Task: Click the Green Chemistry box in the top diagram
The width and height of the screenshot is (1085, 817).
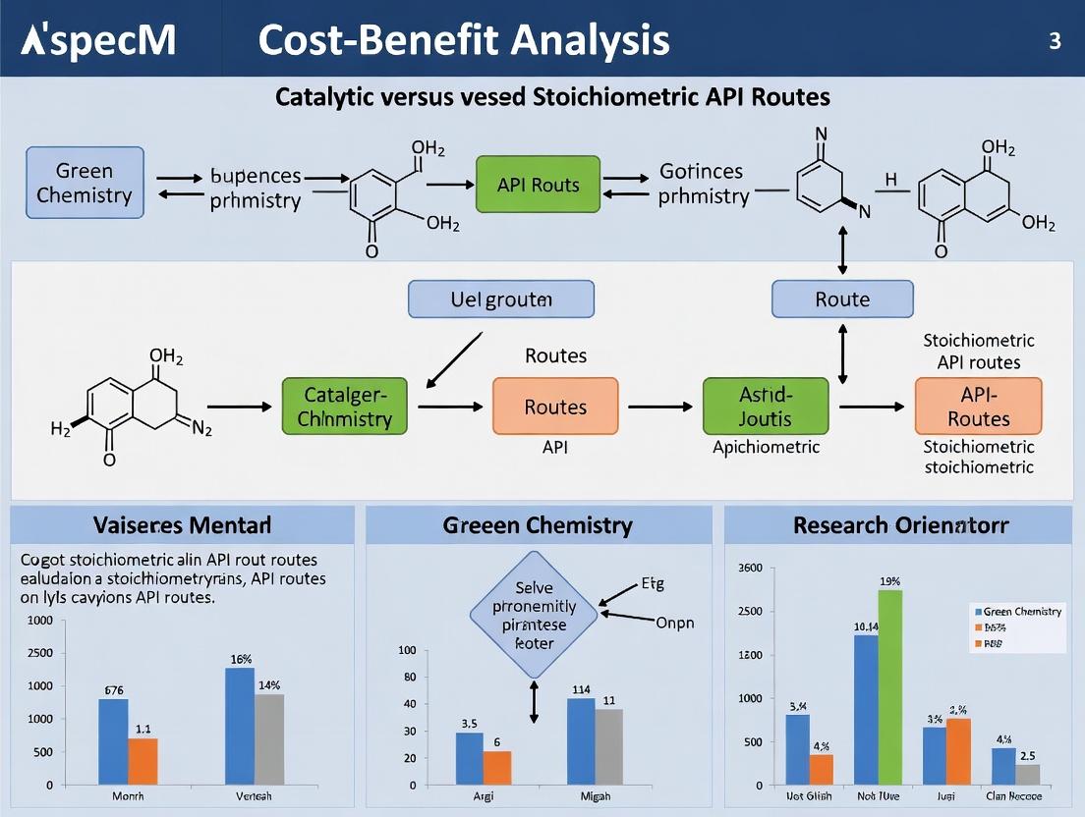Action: coord(85,183)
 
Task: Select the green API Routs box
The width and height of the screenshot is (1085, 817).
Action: coord(539,184)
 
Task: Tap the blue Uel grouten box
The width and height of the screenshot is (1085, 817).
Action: coord(500,300)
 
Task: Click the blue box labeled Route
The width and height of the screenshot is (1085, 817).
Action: coord(842,300)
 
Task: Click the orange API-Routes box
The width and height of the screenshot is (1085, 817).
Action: coord(978,407)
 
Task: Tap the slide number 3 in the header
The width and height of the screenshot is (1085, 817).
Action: coord(1055,42)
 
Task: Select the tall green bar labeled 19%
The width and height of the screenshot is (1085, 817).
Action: coord(889,686)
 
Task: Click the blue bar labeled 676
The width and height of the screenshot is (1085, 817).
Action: coord(113,741)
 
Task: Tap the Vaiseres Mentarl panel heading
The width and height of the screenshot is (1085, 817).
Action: coord(182,525)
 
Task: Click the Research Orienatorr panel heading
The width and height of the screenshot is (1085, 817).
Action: coord(900,525)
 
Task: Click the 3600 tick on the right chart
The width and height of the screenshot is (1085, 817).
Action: coord(749,569)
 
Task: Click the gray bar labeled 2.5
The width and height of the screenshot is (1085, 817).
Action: coord(1027,775)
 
